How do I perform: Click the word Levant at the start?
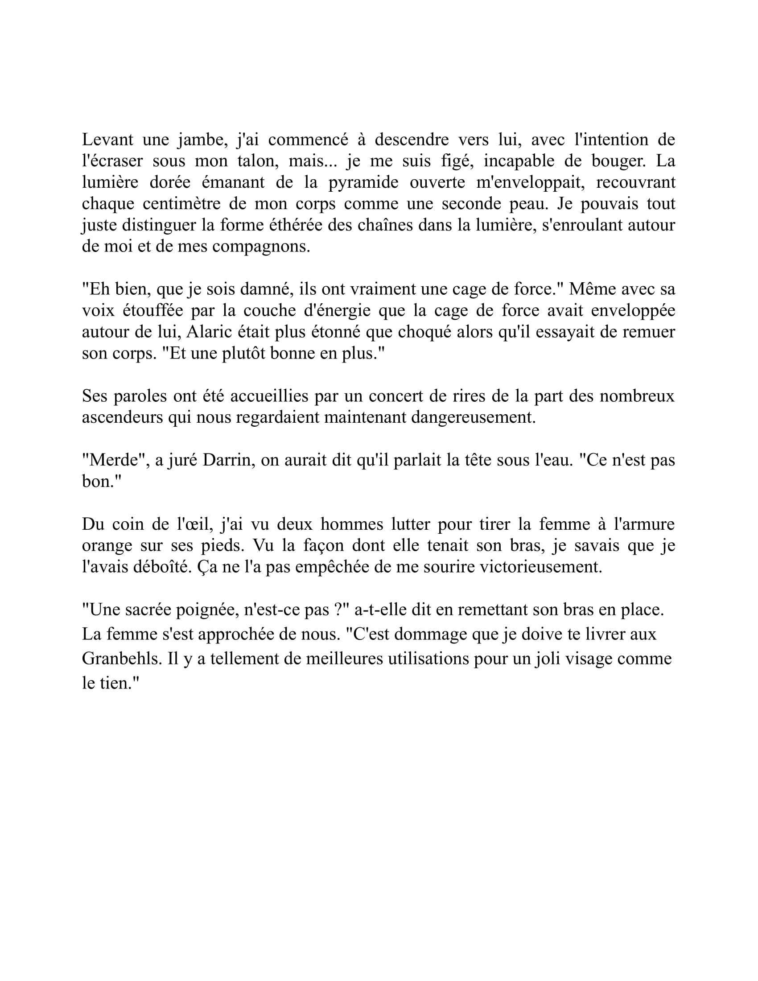pos(107,140)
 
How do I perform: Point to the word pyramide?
pos(363,183)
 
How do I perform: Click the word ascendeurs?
pos(122,417)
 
